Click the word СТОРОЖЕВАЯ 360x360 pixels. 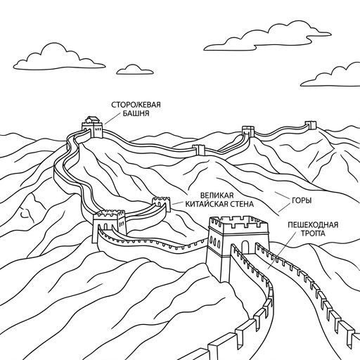point(136,105)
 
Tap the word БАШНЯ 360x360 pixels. point(136,113)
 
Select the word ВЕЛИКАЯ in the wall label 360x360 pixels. point(217,195)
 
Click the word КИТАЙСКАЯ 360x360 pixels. point(205,204)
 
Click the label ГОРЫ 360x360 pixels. point(302,200)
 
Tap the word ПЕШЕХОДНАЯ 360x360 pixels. point(313,225)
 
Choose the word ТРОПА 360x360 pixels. point(313,233)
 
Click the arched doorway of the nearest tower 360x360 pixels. point(245,247)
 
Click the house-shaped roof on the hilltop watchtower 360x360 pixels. point(92,120)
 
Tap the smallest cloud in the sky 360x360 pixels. point(135,70)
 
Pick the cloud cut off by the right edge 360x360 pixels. point(331,75)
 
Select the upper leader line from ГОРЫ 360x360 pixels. point(283,195)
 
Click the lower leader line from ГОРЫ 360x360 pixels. point(285,207)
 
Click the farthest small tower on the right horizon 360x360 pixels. point(310,125)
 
